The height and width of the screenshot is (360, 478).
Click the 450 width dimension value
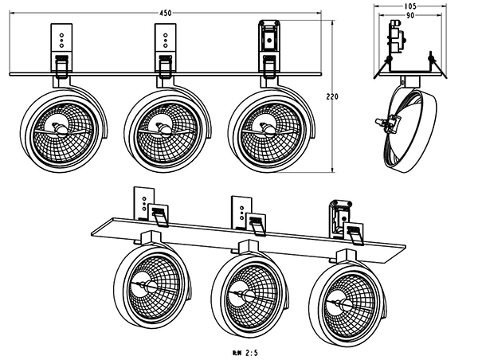(x=167, y=12)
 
